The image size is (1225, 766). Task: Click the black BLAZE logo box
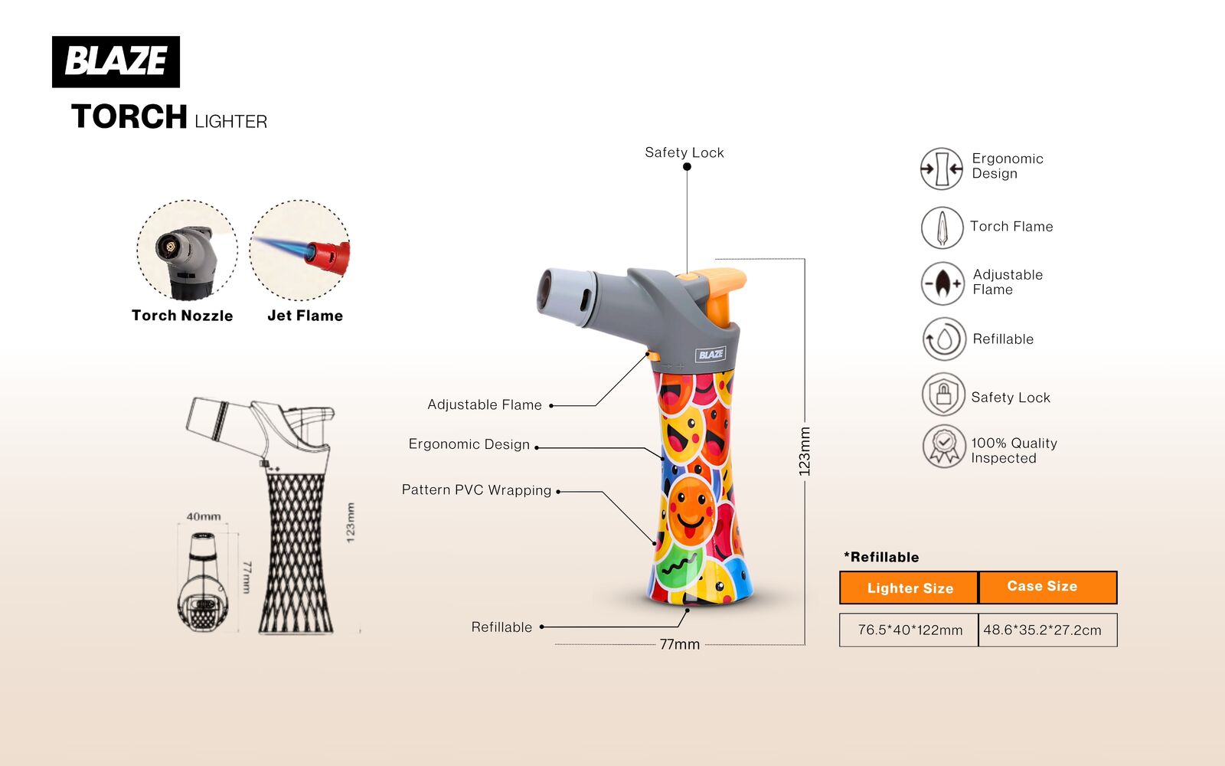tap(116, 62)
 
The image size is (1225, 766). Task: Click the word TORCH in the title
tap(129, 116)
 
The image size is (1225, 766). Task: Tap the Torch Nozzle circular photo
tap(187, 250)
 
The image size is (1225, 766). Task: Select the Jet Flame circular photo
tap(299, 250)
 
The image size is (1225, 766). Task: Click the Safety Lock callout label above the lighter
tap(684, 152)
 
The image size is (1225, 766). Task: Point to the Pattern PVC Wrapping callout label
tap(476, 489)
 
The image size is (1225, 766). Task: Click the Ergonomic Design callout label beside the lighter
tap(469, 444)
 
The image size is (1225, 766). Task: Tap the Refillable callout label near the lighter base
tap(501, 627)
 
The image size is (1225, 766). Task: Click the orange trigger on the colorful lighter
tap(719, 296)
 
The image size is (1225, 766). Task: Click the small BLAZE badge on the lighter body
tap(711, 355)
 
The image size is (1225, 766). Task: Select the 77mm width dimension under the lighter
tap(680, 644)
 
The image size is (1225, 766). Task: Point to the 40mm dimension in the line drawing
tap(204, 516)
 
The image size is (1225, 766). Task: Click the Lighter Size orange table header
tap(909, 588)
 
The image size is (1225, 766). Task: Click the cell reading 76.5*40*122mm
tap(909, 630)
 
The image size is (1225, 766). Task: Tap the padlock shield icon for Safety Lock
tap(943, 394)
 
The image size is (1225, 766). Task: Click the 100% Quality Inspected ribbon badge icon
tap(944, 447)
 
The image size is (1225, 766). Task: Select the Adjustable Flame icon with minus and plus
tap(942, 283)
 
